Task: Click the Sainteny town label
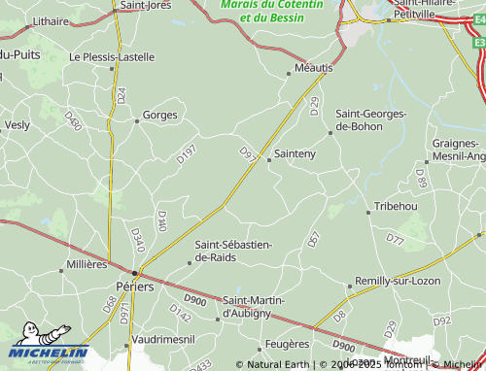click(x=295, y=153)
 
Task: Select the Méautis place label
click(x=311, y=68)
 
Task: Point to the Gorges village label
click(x=160, y=115)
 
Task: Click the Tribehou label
click(x=396, y=207)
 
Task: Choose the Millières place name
click(x=86, y=264)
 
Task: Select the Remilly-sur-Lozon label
click(x=399, y=281)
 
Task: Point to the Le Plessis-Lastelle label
click(x=112, y=57)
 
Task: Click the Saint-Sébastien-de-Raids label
click(x=233, y=251)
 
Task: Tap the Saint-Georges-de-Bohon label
click(x=371, y=119)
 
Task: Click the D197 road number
click(x=187, y=152)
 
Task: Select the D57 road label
click(x=313, y=239)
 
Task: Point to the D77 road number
click(x=395, y=238)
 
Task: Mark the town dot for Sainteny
click(x=269, y=159)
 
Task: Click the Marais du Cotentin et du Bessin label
click(x=270, y=12)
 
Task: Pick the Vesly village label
click(x=17, y=124)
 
